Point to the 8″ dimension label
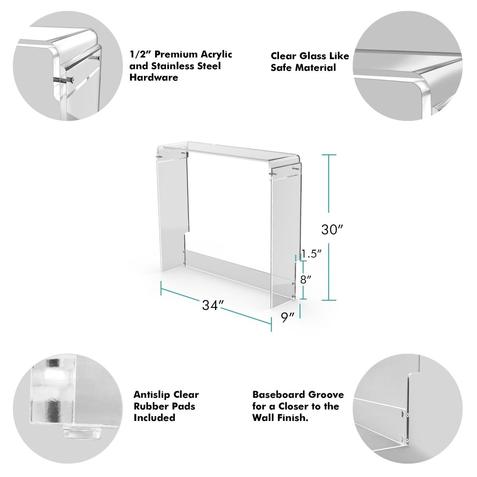coord(305,279)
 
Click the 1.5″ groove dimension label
coord(311,254)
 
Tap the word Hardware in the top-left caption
coord(153,78)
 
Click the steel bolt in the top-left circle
coord(64,80)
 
